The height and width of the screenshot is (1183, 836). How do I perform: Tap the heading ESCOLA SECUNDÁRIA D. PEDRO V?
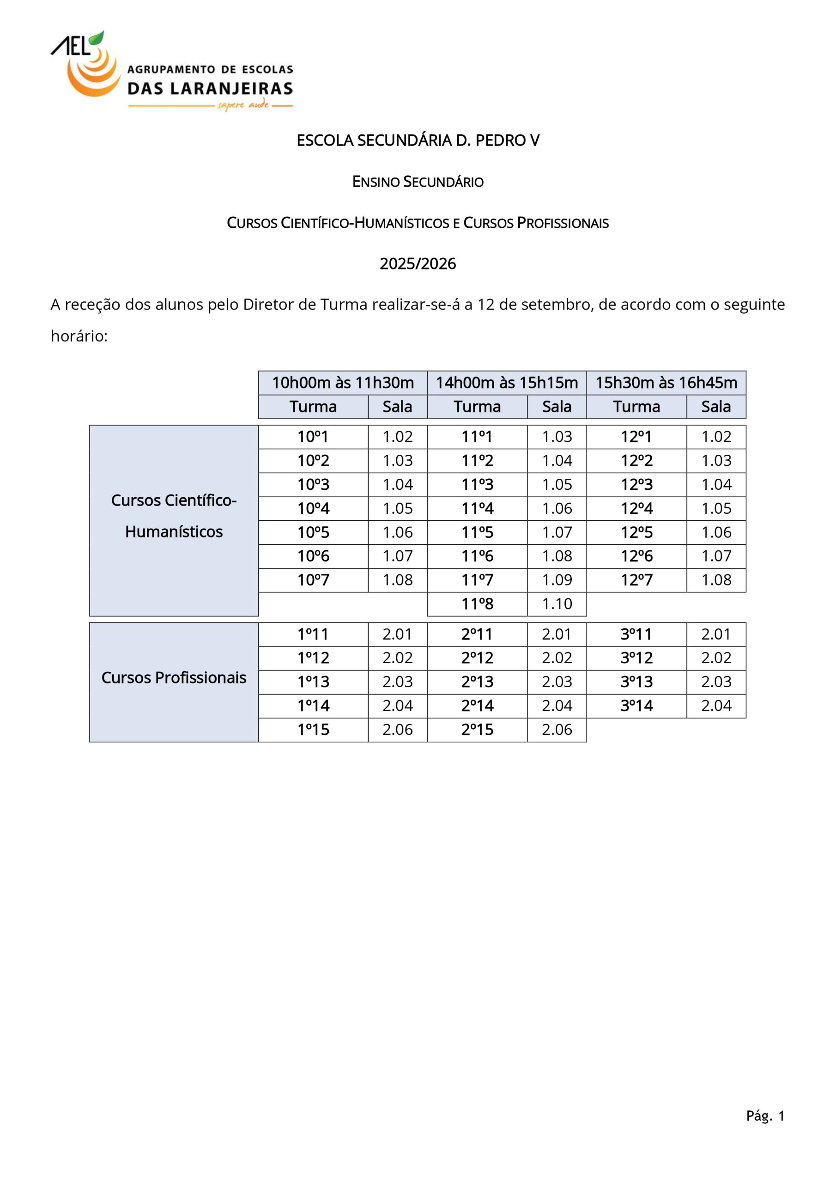tap(418, 140)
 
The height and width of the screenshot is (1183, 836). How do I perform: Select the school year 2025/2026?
tap(418, 264)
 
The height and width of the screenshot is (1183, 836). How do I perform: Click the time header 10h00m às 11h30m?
tap(343, 383)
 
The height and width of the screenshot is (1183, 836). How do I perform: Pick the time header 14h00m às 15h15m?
tap(506, 383)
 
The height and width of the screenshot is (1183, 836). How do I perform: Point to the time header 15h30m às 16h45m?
tap(666, 383)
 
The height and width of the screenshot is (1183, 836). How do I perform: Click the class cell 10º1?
tap(313, 437)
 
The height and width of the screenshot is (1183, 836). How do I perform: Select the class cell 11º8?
tap(477, 604)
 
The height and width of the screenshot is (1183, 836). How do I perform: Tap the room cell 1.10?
tap(557, 604)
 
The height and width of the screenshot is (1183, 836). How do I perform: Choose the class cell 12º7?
tap(636, 580)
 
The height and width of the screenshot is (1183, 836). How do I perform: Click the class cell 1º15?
tap(313, 730)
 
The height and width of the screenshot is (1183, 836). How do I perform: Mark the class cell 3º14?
tap(636, 706)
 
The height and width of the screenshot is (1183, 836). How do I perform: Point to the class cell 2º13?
tap(477, 682)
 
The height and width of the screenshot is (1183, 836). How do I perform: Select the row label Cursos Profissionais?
tap(174, 677)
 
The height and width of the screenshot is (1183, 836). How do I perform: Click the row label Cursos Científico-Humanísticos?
tap(174, 516)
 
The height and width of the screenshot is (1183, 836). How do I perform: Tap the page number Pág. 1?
tap(765, 1116)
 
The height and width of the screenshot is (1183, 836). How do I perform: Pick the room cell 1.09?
tap(557, 580)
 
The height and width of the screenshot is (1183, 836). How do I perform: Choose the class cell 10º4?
tap(313, 508)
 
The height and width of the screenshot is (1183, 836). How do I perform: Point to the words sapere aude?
tap(243, 105)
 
